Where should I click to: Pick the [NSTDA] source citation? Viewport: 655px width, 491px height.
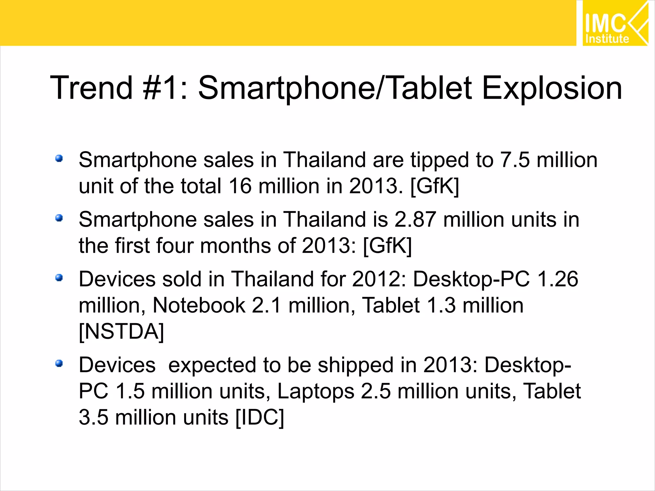tap(121, 331)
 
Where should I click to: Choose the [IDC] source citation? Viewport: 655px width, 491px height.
tap(259, 417)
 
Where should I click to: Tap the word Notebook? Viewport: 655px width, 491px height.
tap(199, 305)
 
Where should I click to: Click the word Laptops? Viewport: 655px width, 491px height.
tap(316, 391)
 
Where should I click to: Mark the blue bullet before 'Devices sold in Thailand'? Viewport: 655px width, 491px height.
tap(59, 277)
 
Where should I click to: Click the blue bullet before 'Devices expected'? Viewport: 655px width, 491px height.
tap(59, 363)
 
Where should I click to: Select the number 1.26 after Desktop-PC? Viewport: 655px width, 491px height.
tap(557, 279)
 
